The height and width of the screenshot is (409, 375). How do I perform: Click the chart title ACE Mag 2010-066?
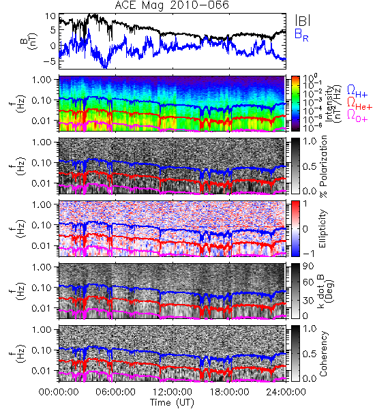pos(172,5)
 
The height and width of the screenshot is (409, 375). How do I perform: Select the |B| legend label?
pos(303,20)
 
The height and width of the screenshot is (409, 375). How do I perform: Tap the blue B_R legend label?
pos(301,35)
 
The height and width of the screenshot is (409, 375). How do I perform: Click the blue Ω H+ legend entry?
pos(357,91)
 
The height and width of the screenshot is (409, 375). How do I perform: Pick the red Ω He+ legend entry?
pos(359,103)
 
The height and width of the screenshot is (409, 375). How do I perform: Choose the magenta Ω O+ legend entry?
pos(357,115)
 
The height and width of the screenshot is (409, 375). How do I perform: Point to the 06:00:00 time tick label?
pos(115,392)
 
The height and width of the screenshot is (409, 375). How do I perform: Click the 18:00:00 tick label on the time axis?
pos(229,392)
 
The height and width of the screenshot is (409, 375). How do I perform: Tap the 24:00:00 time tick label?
pos(286,392)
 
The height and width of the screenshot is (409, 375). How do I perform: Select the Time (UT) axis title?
pos(172,403)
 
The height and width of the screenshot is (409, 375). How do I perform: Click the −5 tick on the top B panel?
pos(50,61)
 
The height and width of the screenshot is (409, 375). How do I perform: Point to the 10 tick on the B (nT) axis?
pos(50,16)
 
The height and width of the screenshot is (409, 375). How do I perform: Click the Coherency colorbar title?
pos(322,354)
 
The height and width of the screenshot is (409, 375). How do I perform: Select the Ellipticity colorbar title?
pos(322,228)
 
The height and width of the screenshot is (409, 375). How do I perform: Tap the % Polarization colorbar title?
pos(323,166)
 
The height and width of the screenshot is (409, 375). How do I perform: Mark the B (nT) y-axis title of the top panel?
pos(29,41)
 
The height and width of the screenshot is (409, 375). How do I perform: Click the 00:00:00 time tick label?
pos(59,392)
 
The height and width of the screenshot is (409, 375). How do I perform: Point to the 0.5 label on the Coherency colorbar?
pos(310,354)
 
